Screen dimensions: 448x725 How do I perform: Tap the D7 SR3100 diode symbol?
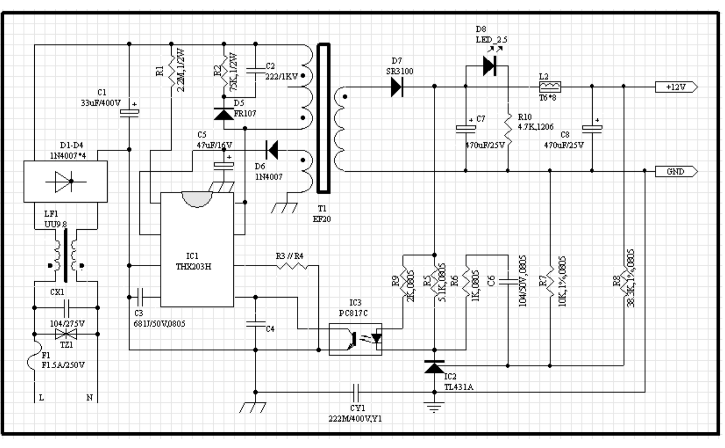[397, 87]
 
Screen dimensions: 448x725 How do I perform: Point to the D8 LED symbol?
[489, 66]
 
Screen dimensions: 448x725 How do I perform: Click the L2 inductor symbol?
[550, 87]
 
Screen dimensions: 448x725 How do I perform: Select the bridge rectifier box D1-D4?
[65, 181]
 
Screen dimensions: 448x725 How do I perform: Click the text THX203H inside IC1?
[193, 267]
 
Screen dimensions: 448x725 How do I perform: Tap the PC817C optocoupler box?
[355, 339]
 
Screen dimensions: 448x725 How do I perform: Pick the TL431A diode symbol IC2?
[434, 367]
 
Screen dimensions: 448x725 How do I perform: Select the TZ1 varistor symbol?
[66, 334]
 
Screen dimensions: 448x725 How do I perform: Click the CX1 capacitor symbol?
[66, 308]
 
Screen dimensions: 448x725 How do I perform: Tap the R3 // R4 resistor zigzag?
[292, 266]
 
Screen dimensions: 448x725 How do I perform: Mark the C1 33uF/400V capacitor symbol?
[129, 112]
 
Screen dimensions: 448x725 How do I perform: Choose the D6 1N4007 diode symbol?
[272, 150]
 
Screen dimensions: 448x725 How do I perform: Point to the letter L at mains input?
[41, 398]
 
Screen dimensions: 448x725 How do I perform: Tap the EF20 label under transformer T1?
[322, 219]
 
